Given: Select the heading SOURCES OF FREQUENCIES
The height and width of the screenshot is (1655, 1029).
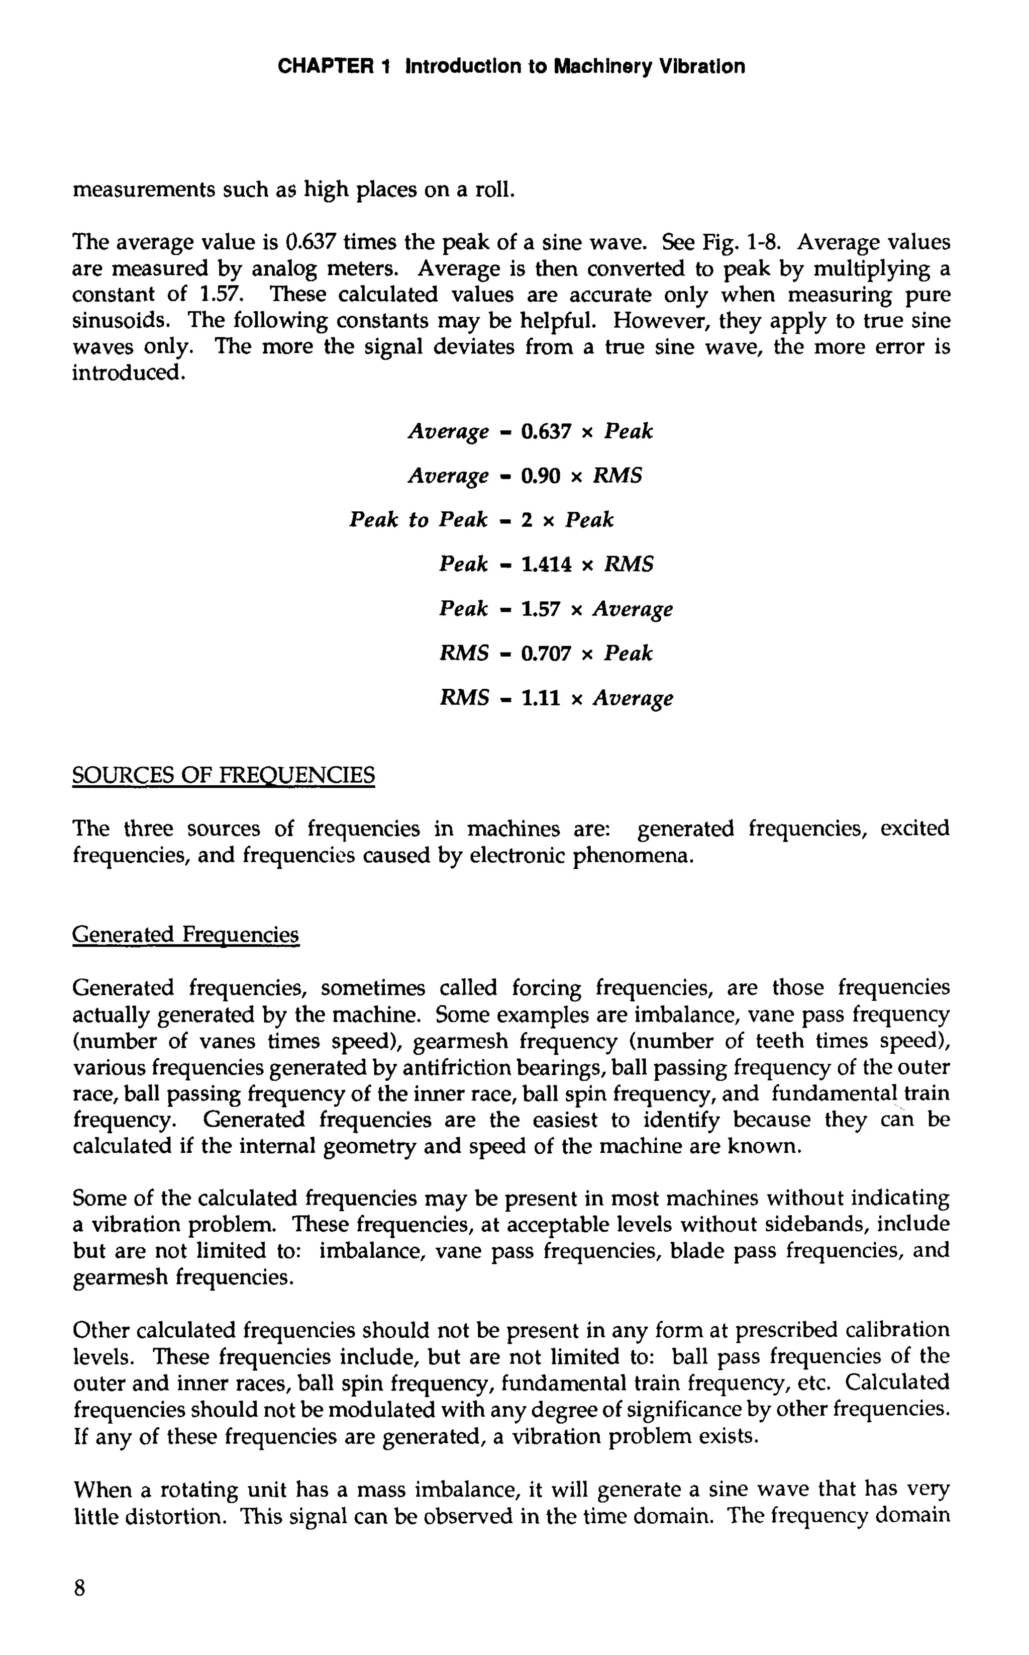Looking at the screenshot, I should (x=223, y=775).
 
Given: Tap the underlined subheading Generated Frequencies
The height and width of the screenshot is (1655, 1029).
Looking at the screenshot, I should (x=185, y=934).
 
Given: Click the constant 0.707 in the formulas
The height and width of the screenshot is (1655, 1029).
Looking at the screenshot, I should (x=546, y=653).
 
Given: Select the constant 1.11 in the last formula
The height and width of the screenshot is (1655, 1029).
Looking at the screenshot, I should (x=540, y=698).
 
